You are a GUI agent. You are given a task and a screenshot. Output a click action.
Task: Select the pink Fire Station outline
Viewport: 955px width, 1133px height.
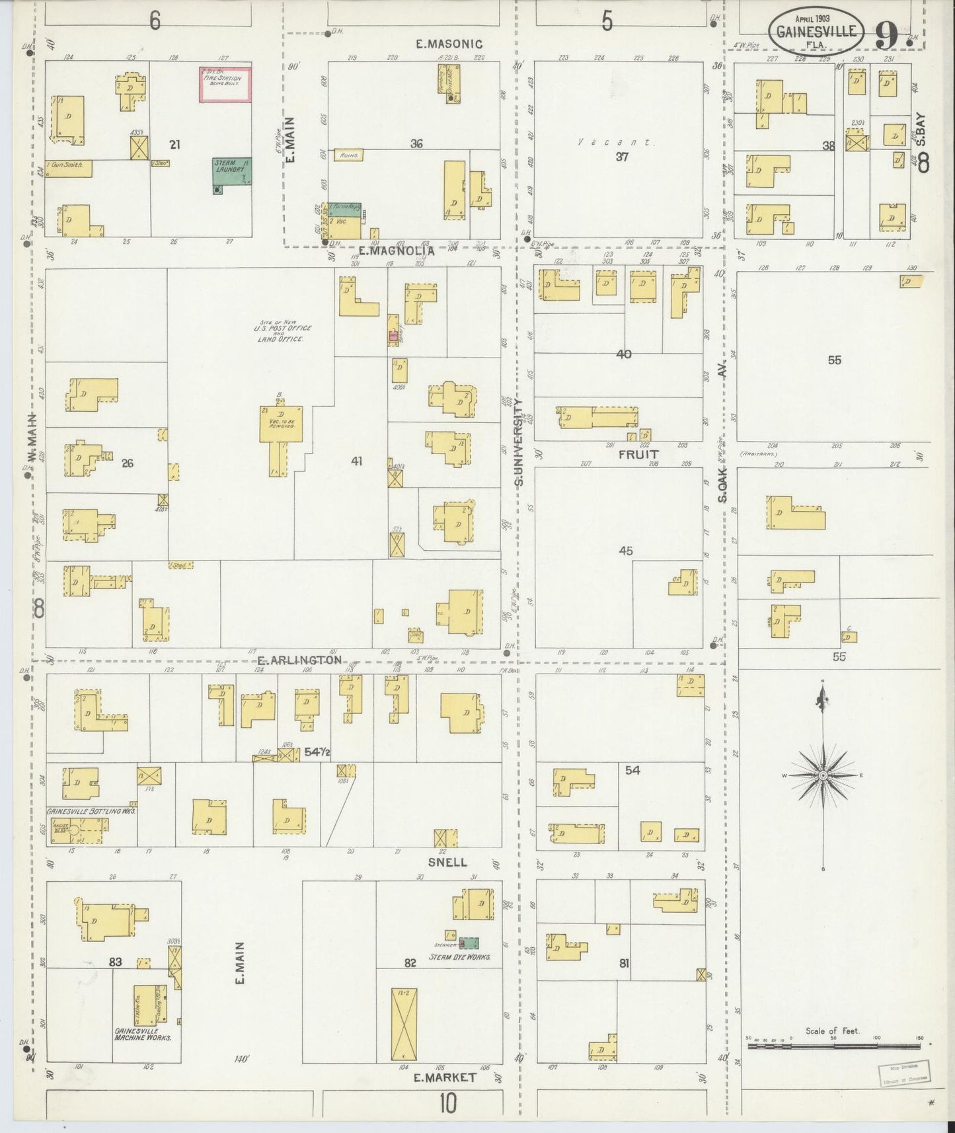[x=225, y=84]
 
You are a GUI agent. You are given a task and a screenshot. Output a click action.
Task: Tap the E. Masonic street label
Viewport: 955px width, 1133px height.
[x=449, y=44]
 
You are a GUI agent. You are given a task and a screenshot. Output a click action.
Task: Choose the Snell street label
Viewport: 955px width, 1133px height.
[x=447, y=862]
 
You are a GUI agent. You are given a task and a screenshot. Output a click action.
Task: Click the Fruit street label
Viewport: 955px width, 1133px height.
[x=638, y=455]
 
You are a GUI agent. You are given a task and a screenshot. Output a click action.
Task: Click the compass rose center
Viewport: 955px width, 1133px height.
[x=823, y=775]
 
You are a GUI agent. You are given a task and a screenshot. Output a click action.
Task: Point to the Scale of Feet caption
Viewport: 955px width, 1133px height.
[x=832, y=1031]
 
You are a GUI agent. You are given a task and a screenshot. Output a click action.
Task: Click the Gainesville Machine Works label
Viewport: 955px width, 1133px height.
[x=143, y=1035]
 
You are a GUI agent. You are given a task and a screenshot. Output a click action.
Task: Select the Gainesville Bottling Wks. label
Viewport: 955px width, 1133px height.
[x=91, y=810]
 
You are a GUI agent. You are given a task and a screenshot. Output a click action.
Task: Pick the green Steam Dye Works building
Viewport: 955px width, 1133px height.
[x=469, y=943]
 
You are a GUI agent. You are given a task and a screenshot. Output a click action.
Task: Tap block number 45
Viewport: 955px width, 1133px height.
[x=626, y=551]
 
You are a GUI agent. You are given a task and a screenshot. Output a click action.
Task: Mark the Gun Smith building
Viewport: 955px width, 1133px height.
[x=68, y=168]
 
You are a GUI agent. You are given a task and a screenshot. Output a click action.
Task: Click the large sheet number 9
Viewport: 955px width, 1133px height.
[x=887, y=34]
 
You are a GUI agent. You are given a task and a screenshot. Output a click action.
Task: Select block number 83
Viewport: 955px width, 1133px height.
[x=115, y=962]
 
